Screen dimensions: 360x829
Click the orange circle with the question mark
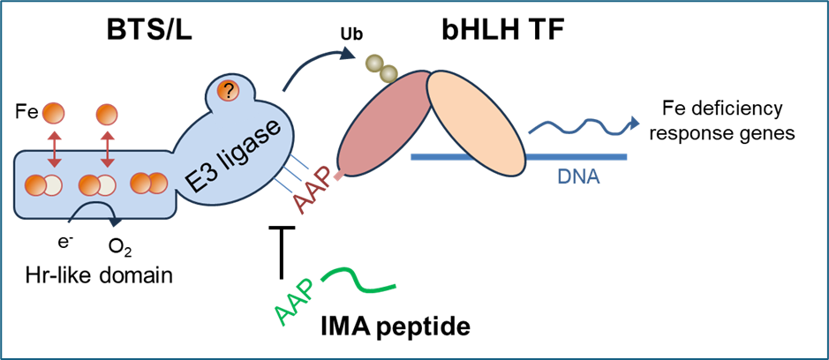click(229, 90)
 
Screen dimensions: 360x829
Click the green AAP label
click(294, 305)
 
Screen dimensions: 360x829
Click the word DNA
click(578, 177)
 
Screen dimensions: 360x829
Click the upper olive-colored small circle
click(373, 63)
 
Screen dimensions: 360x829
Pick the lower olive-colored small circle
click(388, 74)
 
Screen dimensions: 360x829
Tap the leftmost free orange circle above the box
click(54, 114)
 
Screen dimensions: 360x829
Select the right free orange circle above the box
click(107, 115)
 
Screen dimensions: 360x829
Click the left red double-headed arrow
click(54, 147)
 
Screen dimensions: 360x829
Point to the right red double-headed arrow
click(108, 147)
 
